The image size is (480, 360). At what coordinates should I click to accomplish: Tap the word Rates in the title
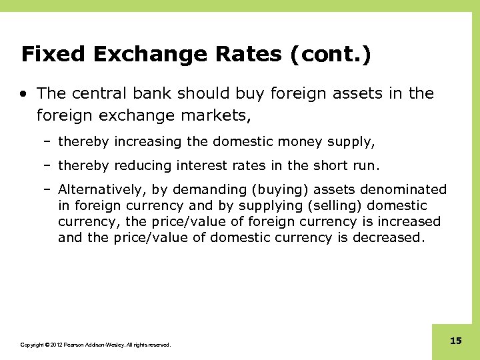245,54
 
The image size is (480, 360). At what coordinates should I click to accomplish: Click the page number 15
456,341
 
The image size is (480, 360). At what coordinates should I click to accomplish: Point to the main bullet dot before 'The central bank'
25,94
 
